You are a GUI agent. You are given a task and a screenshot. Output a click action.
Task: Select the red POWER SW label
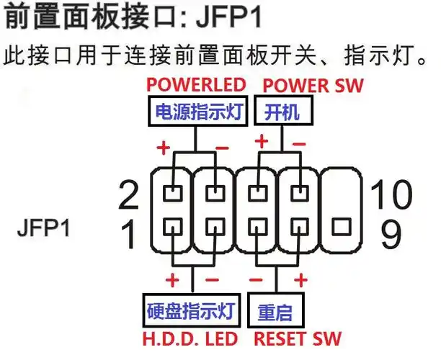[x=313, y=84]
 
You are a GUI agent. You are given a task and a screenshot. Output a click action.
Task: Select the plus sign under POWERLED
[x=164, y=148]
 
